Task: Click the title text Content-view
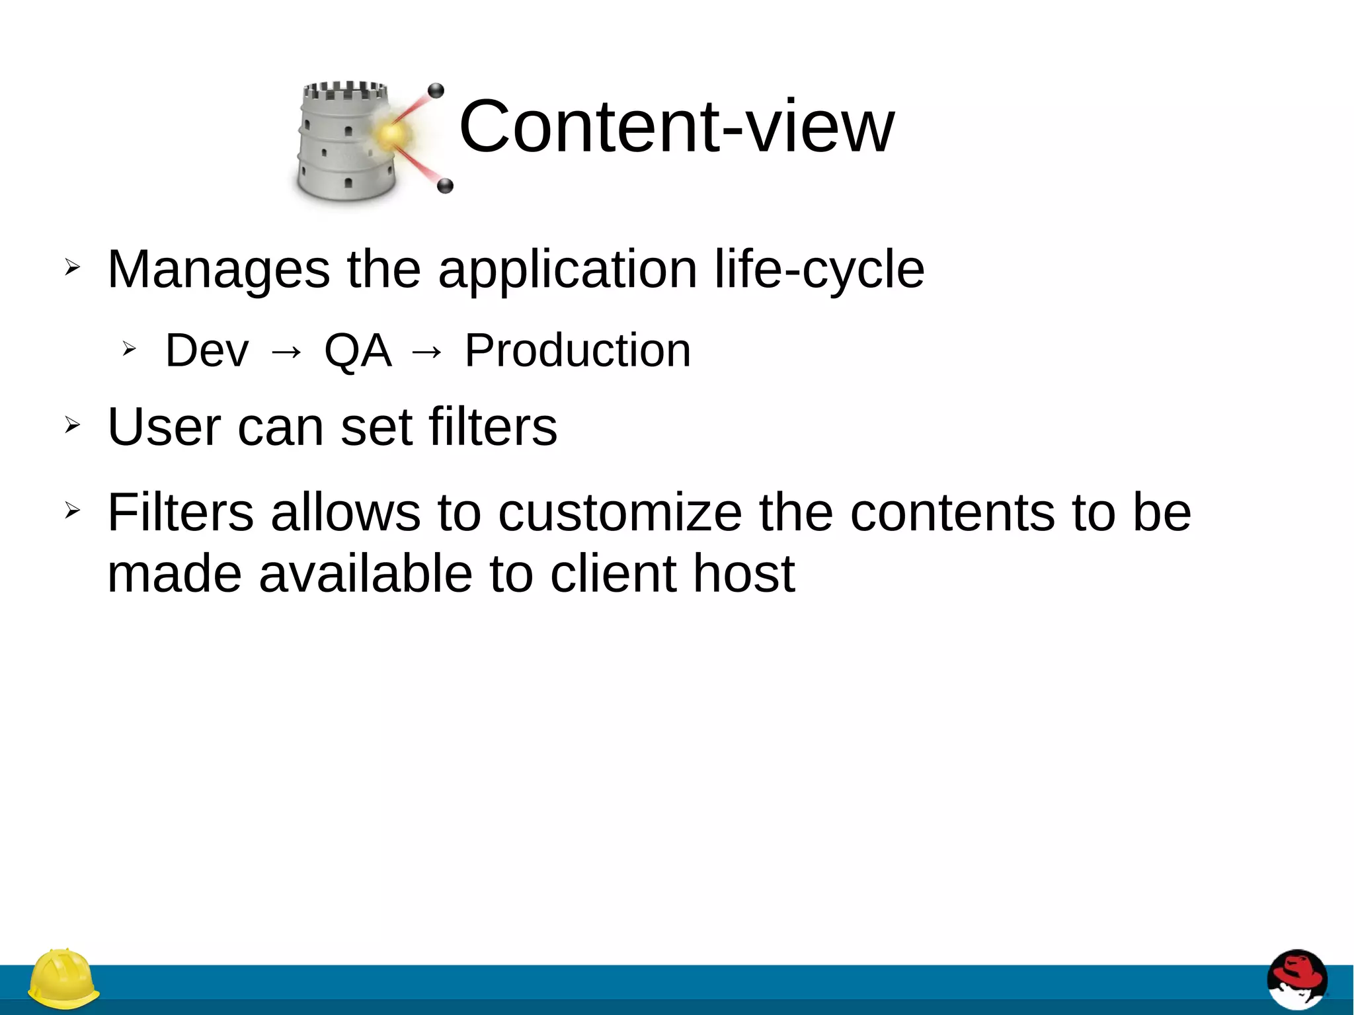pos(676,126)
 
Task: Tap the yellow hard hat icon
pos(63,979)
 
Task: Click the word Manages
pos(218,270)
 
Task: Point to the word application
pos(567,270)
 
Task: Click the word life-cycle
pos(819,270)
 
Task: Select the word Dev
pos(207,350)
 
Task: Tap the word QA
pos(357,350)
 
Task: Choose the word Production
pos(577,350)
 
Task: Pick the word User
pos(163,426)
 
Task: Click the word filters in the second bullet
pos(493,426)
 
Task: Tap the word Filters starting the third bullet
pos(180,512)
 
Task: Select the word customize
pos(619,512)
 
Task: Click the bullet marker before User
pos(72,425)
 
